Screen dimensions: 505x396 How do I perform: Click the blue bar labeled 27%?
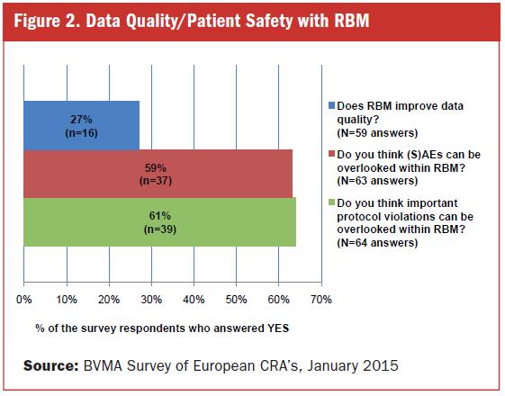(82, 125)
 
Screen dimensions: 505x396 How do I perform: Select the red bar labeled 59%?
(158, 174)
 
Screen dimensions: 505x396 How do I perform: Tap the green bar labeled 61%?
(159, 222)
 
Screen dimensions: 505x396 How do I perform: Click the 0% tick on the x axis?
(23, 300)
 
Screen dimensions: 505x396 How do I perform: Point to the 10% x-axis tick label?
(67, 300)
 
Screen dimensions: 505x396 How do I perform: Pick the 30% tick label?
(151, 300)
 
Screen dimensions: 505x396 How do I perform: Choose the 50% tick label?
(236, 300)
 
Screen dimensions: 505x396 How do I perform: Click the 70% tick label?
(321, 300)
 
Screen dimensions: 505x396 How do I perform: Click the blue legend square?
(332, 105)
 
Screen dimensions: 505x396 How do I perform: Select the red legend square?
(332, 154)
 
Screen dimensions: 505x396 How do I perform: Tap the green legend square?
(332, 202)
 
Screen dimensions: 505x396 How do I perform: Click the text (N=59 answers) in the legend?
(377, 132)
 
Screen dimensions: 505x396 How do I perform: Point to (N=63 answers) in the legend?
(377, 181)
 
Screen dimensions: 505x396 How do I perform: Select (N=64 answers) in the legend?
(377, 242)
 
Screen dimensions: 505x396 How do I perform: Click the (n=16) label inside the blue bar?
(82, 133)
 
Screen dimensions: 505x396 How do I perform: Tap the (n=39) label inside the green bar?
(159, 229)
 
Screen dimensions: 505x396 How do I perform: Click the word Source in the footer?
(51, 366)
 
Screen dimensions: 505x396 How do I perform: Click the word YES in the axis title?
(278, 328)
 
